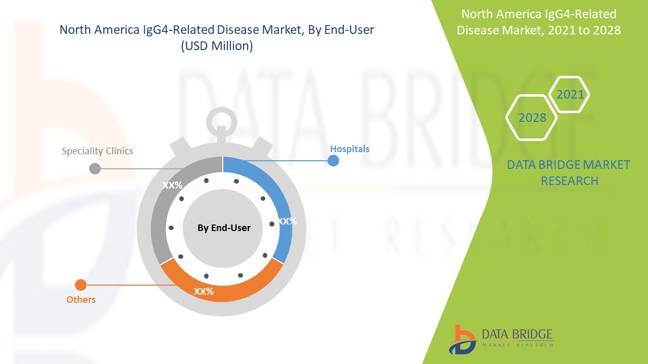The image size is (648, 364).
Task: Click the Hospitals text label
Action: pyautogui.click(x=350, y=149)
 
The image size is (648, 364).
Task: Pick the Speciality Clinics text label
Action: pyautogui.click(x=97, y=151)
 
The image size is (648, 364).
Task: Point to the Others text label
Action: pyautogui.click(x=81, y=300)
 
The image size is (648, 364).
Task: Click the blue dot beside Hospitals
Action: pyautogui.click(x=333, y=161)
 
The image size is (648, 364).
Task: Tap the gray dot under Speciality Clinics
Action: pyautogui.click(x=95, y=169)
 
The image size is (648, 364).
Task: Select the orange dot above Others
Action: pyautogui.click(x=80, y=285)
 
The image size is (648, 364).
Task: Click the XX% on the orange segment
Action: pyautogui.click(x=204, y=292)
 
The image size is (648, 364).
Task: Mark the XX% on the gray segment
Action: pyautogui.click(x=172, y=186)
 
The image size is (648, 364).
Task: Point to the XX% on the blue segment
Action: pyautogui.click(x=287, y=221)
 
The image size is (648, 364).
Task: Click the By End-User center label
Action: pyautogui.click(x=224, y=228)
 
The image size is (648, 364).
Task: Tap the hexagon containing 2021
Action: pyautogui.click(x=570, y=95)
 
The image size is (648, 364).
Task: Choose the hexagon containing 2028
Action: pyautogui.click(x=532, y=118)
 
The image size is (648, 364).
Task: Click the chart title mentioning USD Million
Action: pyautogui.click(x=217, y=38)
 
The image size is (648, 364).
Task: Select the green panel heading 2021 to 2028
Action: pyautogui.click(x=539, y=22)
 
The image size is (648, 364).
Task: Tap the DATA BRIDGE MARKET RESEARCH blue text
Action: pyautogui.click(x=569, y=173)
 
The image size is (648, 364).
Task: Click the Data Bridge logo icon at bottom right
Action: pyautogui.click(x=462, y=339)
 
